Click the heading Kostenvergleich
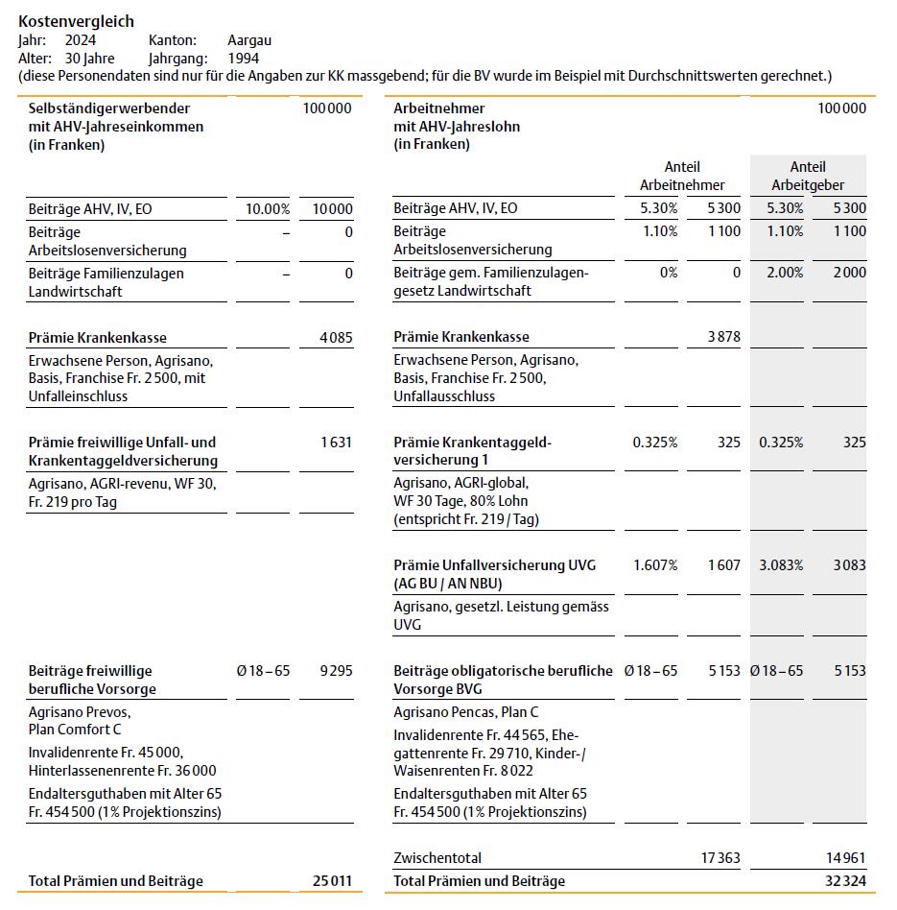click(77, 21)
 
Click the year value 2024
click(81, 40)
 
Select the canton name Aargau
click(249, 40)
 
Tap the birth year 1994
click(244, 59)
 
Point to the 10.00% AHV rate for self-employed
click(268, 209)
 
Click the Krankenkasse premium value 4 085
click(336, 338)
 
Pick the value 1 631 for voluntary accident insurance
click(336, 443)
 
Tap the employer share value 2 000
click(848, 273)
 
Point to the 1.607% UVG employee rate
click(655, 565)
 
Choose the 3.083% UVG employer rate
click(781, 565)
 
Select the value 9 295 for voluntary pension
click(336, 671)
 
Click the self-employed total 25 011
click(332, 881)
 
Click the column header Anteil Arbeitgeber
click(808, 176)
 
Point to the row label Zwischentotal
click(437, 858)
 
